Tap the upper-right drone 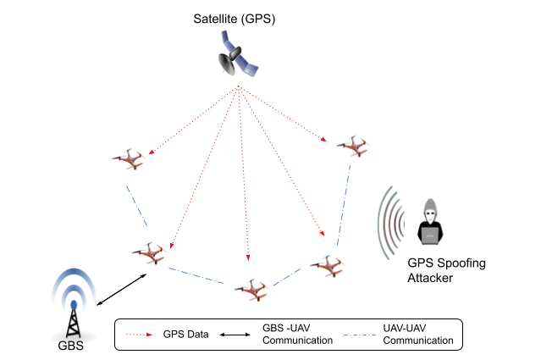[x=356, y=147]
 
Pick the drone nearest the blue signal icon [x=151, y=252]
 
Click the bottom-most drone [x=253, y=290]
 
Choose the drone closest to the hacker [x=329, y=266]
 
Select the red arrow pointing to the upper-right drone [x=284, y=115]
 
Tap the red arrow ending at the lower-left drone [x=203, y=169]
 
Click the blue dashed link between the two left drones [x=136, y=206]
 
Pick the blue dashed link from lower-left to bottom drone [x=196, y=275]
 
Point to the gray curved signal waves [x=390, y=223]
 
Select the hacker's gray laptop [x=430, y=235]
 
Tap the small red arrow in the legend [x=140, y=335]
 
